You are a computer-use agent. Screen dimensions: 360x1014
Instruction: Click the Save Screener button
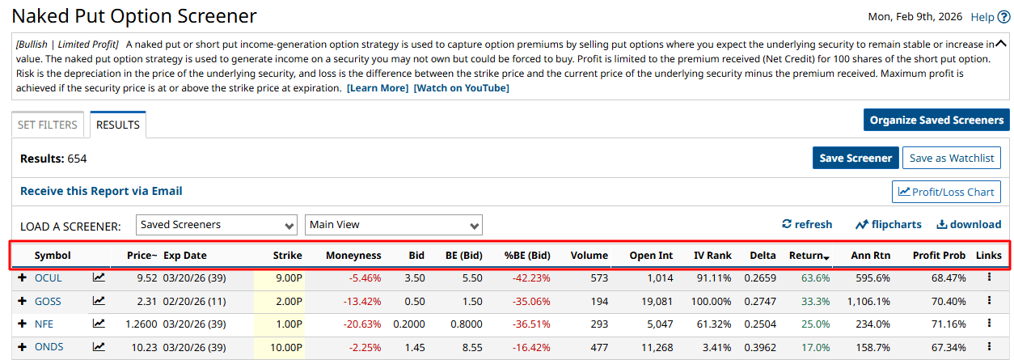(855, 158)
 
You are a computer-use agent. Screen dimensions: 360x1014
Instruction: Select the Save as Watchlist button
(952, 158)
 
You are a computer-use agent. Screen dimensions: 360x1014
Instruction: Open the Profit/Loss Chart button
(946, 192)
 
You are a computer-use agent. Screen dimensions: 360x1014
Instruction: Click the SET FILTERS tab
(48, 125)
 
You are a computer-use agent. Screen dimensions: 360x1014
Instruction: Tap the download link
(969, 224)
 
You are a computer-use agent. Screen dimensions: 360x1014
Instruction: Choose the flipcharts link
(889, 224)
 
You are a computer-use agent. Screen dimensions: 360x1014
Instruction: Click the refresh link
(806, 224)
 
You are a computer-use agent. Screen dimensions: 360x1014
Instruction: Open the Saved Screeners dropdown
(217, 224)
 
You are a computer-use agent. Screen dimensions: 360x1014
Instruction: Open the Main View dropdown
(393, 224)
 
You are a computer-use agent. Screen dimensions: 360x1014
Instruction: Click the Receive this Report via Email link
(101, 191)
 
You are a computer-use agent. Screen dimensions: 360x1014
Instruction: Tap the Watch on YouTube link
(461, 88)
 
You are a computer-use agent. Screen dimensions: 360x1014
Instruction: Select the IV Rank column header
(712, 255)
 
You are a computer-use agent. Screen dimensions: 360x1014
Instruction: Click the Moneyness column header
(353, 255)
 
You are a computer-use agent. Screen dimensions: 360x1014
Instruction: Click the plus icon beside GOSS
(22, 301)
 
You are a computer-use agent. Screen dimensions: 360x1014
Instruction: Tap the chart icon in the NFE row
(99, 324)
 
